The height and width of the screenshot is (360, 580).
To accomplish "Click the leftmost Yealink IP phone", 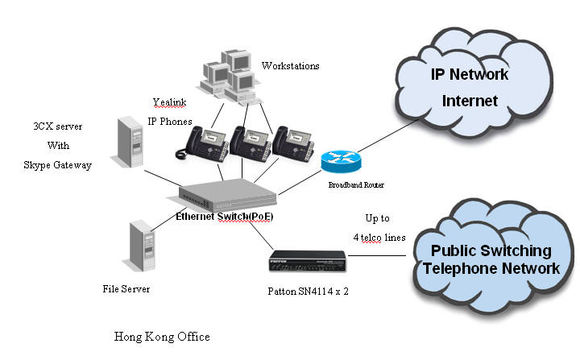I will [x=196, y=143].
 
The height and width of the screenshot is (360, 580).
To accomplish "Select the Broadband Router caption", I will [x=355, y=185].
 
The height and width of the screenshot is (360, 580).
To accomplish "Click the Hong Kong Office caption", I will [x=162, y=337].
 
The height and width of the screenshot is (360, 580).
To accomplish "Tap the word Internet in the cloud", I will [x=470, y=101].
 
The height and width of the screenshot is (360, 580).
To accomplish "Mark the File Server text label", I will [x=126, y=288].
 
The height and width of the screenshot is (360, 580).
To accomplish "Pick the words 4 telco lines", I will [x=378, y=238].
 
